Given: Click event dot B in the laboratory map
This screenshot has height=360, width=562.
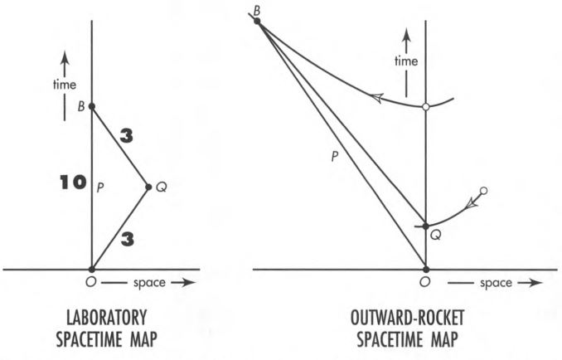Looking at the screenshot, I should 91,106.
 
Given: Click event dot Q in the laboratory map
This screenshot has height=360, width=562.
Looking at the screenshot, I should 148,187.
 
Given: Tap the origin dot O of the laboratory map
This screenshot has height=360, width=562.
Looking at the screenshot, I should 91,270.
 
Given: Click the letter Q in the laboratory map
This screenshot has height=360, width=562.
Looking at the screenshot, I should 162,187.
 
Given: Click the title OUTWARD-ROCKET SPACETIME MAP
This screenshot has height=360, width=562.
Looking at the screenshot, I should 425,328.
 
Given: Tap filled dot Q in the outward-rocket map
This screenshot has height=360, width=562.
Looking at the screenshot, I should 425,226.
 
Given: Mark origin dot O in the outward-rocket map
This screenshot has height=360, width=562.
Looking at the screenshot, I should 425,270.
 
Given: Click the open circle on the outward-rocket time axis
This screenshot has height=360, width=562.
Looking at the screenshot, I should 425,108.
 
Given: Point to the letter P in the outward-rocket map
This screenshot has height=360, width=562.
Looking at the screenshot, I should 332,155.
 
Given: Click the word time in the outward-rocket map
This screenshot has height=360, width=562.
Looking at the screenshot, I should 405,62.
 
